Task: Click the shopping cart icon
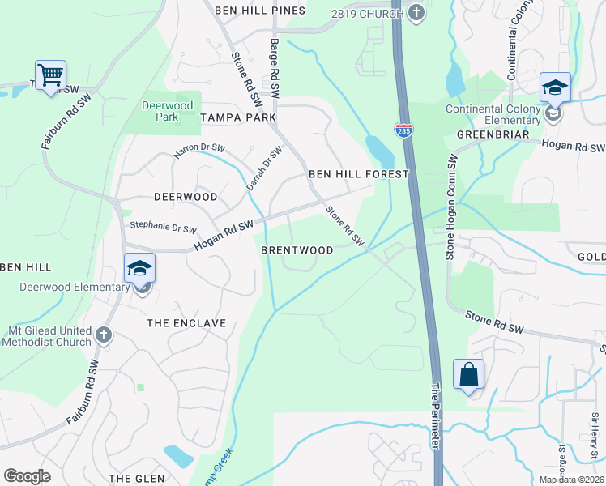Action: coord(50,75)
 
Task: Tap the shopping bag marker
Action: coord(468,374)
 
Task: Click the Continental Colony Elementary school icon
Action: coord(555,88)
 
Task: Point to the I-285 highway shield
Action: coord(403,129)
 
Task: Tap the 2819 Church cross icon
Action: coord(416,11)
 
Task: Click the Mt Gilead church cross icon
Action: coord(103,335)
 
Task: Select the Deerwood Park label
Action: coord(167,111)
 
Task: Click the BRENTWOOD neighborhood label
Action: coord(297,250)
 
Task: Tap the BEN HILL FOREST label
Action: coord(358,174)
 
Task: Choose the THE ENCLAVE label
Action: coord(186,322)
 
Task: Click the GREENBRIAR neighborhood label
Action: coord(487,134)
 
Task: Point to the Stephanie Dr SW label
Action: coord(158,229)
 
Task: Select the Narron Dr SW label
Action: coord(198,151)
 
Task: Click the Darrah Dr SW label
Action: coord(264,167)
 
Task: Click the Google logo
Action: coord(27,476)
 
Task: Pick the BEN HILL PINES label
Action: coord(260,11)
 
